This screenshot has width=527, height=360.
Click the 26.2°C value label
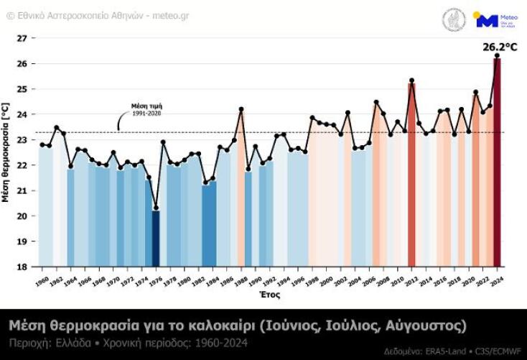[x=500, y=47]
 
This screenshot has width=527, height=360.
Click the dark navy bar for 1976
[x=156, y=238]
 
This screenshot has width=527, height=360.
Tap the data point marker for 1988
[x=241, y=109]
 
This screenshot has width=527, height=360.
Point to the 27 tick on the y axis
[x=22, y=38]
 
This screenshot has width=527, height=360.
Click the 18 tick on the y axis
[x=22, y=267]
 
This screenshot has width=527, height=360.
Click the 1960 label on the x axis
[x=42, y=280]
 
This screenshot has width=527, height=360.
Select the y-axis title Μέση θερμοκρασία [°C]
[x=6, y=152]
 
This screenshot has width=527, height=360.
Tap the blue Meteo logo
[x=495, y=19]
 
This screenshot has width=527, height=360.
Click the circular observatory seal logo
[x=454, y=19]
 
